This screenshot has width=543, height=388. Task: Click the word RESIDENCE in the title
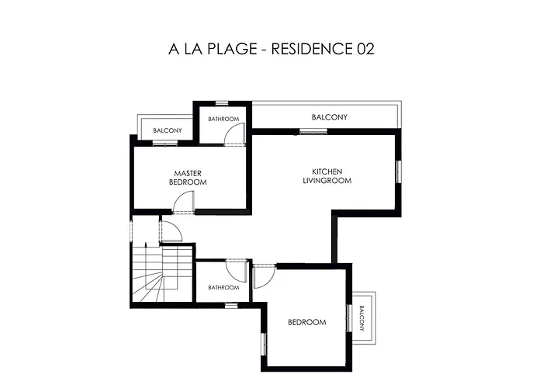pos(310,50)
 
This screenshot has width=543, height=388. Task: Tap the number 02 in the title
pos(365,50)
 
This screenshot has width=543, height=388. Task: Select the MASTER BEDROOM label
pos(188,177)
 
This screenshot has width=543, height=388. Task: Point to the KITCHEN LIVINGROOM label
pos(327,175)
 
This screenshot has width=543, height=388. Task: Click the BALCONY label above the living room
pos(330,117)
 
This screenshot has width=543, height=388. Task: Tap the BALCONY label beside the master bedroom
pos(167,130)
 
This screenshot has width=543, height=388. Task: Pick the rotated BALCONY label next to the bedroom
pos(362,317)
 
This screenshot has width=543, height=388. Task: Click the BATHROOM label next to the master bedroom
pos(223,119)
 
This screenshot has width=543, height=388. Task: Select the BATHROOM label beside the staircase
pos(223,287)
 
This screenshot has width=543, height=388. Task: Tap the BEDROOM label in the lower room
pos(306,322)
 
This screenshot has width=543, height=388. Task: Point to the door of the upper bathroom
pos(234,134)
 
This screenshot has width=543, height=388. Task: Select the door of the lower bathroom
pos(235,272)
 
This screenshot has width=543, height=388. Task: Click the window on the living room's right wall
pos(399,171)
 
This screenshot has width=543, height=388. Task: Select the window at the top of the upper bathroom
pos(222,102)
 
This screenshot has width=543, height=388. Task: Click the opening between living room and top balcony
pos(311,132)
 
